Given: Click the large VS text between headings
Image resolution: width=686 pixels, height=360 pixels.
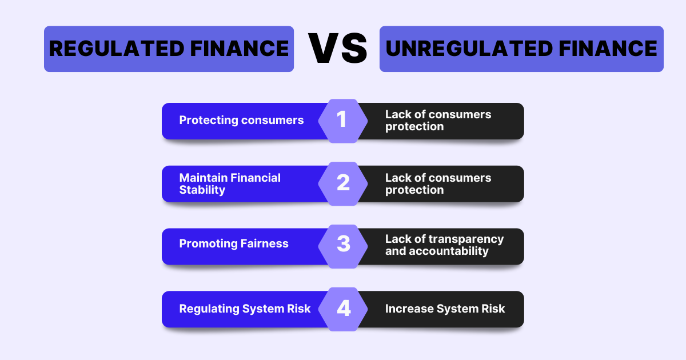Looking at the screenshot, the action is pyautogui.click(x=337, y=48).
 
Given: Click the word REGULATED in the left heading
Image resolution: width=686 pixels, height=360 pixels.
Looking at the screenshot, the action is pyautogui.click(x=117, y=49).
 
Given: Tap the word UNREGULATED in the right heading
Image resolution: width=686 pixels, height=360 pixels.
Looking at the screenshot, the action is pyautogui.click(x=469, y=49).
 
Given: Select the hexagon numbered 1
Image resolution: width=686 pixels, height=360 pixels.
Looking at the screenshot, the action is pyautogui.click(x=342, y=121).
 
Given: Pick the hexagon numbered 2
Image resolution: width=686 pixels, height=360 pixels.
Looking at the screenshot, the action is pyautogui.click(x=342, y=183).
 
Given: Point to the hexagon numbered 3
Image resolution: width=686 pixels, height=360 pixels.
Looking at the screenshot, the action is pyautogui.click(x=342, y=246).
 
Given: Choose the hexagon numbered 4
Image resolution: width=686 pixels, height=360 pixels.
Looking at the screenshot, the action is pyautogui.click(x=342, y=309).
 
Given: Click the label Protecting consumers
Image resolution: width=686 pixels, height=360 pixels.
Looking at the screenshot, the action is pyautogui.click(x=241, y=121).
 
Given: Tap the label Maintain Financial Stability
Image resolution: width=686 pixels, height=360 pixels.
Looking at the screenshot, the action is pyautogui.click(x=230, y=183).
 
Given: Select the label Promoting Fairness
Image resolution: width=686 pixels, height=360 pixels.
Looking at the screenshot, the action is pyautogui.click(x=234, y=243).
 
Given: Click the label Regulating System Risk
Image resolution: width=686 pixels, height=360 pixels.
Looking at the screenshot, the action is pyautogui.click(x=245, y=309).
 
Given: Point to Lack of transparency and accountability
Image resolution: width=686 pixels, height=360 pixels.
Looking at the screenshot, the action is pyautogui.click(x=444, y=245).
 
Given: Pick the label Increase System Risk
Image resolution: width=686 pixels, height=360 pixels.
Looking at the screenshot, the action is pyautogui.click(x=445, y=309).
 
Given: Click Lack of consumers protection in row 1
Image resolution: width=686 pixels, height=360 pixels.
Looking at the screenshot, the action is pyautogui.click(x=438, y=121).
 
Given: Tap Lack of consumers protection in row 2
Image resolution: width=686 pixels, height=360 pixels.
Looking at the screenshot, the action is pyautogui.click(x=438, y=183).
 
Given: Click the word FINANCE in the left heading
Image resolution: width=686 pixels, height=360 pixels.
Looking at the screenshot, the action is pyautogui.click(x=240, y=49).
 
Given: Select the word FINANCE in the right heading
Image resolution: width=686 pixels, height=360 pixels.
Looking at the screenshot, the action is pyautogui.click(x=608, y=49).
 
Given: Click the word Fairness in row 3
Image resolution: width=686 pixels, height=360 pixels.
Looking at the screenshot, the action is pyautogui.click(x=264, y=243).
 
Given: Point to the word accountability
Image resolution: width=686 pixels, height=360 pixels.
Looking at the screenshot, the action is pyautogui.click(x=449, y=251).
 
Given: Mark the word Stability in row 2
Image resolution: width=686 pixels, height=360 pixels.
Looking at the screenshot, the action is pyautogui.click(x=202, y=190).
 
